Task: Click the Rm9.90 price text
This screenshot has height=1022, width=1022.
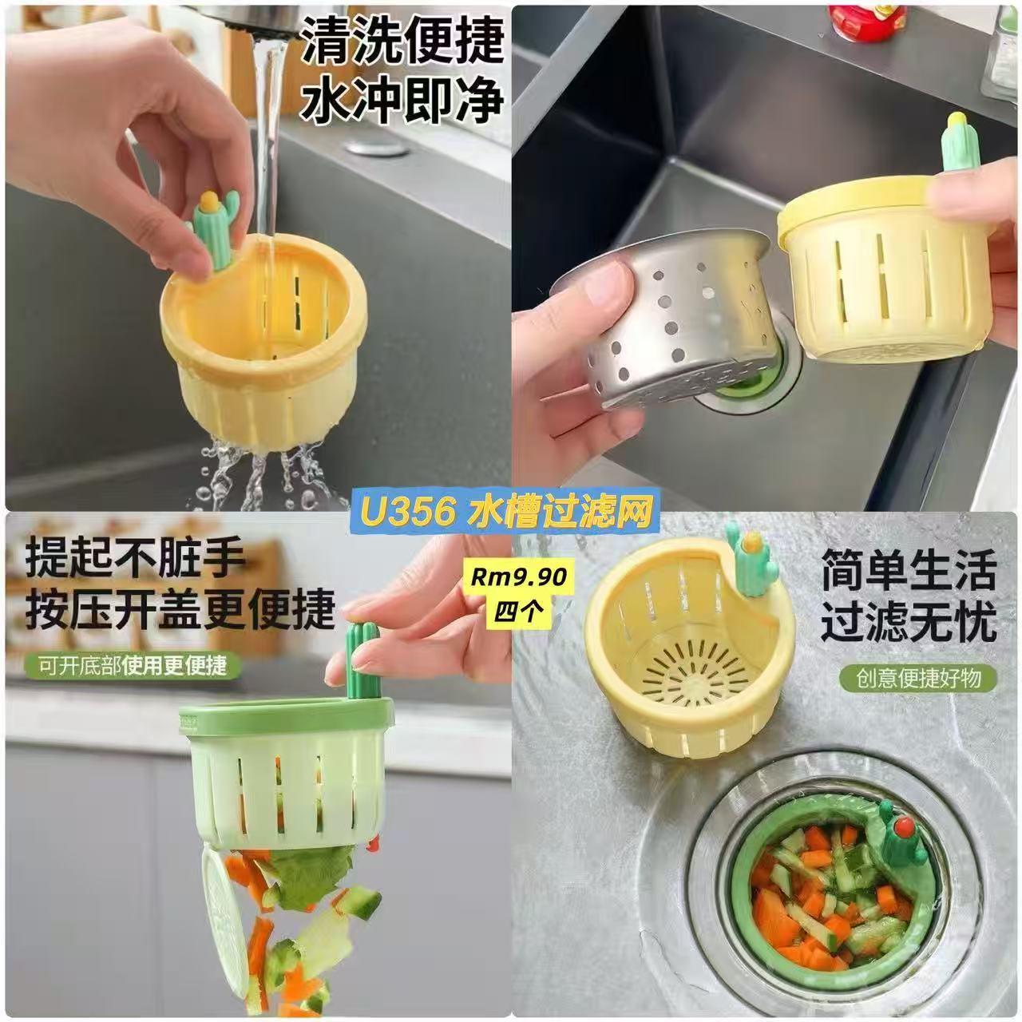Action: point(518,577)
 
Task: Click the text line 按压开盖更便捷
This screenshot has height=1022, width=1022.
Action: point(180,610)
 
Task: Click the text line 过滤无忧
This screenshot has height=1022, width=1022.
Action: point(909,623)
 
